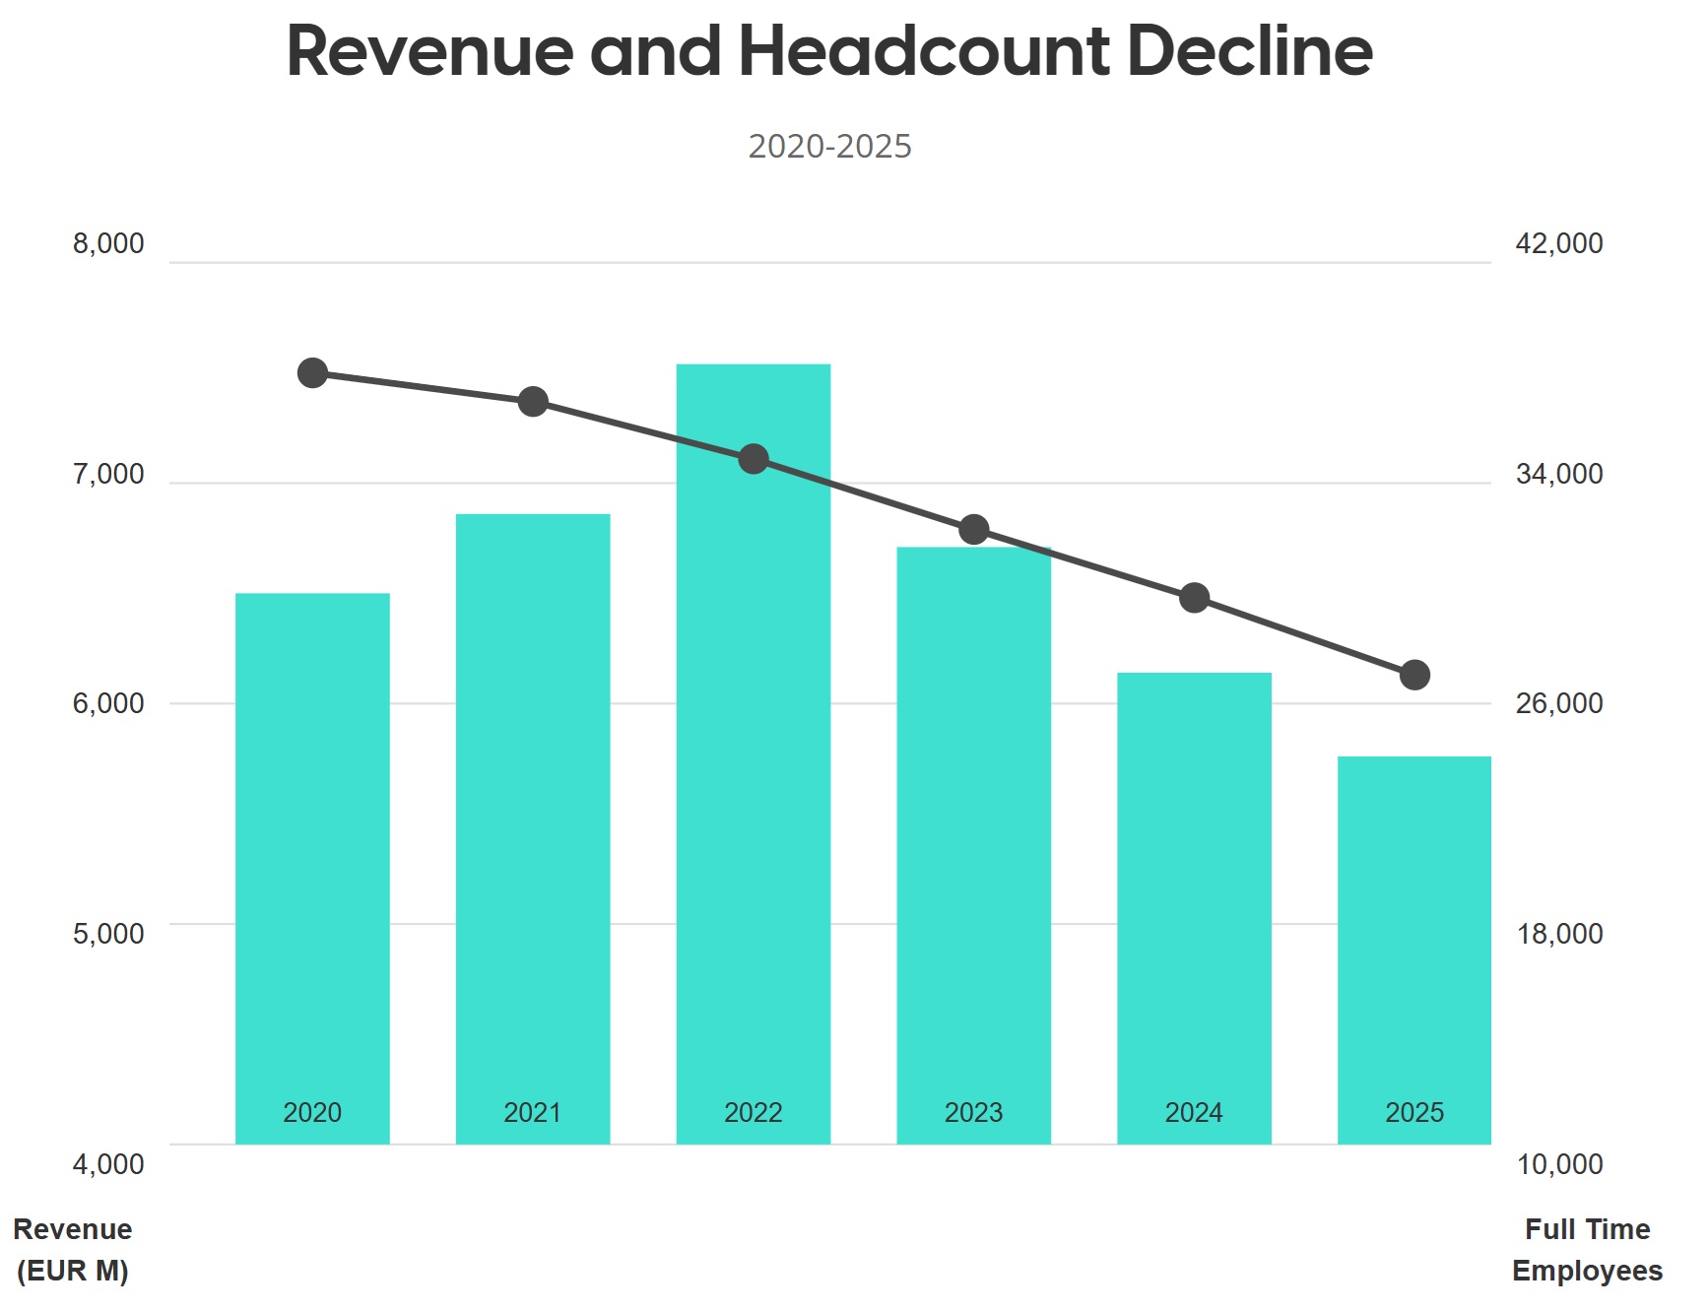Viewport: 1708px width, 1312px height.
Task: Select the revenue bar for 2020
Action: pyautogui.click(x=312, y=867)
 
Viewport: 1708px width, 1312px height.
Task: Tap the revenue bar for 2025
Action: pyautogui.click(x=1414, y=946)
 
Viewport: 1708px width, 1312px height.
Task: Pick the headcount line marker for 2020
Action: pyautogui.click(x=312, y=373)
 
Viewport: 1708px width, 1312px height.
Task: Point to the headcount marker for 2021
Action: pyautogui.click(x=533, y=402)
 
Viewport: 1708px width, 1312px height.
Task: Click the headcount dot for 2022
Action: pyautogui.click(x=754, y=459)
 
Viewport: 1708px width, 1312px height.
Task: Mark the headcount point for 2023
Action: pyautogui.click(x=974, y=530)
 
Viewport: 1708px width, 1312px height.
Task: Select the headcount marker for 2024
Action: pyautogui.click(x=1194, y=598)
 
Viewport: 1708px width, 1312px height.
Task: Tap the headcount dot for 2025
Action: pyautogui.click(x=1414, y=675)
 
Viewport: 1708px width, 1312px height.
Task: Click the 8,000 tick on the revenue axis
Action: pyautogui.click(x=108, y=243)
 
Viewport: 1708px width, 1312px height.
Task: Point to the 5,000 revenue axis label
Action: pyautogui.click(x=108, y=934)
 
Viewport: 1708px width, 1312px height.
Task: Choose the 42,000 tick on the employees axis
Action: pyautogui.click(x=1559, y=243)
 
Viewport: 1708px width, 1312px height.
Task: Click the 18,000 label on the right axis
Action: pyautogui.click(x=1559, y=934)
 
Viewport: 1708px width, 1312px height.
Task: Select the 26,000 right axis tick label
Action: pyautogui.click(x=1559, y=703)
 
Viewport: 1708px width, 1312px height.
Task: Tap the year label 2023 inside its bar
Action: pyautogui.click(x=974, y=1113)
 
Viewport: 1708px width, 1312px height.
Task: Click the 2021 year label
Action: pyautogui.click(x=533, y=1113)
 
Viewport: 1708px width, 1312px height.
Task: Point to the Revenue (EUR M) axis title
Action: pyautogui.click(x=73, y=1250)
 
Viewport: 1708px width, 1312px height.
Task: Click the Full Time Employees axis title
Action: pyautogui.click(x=1587, y=1250)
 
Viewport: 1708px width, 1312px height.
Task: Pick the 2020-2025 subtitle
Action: pyautogui.click(x=829, y=147)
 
